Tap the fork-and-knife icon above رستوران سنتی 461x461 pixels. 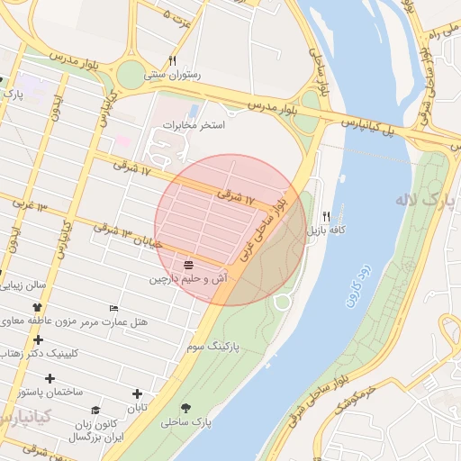pos(172,60)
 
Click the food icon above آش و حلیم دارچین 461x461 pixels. pos(188,265)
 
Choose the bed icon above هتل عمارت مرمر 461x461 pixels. pos(113,308)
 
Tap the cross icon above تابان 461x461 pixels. pos(137,393)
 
